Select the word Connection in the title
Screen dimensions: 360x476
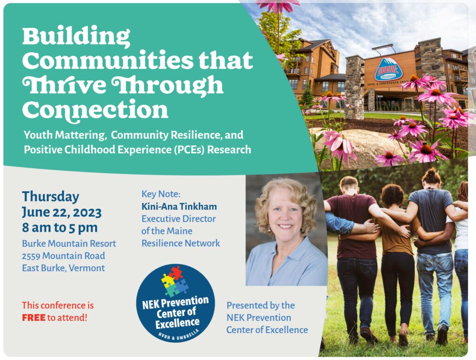(95, 109)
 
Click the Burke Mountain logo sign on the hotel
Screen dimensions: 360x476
(389, 69)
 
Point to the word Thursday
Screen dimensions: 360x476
(50, 196)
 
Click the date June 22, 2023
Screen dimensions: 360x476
(61, 212)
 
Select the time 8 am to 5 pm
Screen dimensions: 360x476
(59, 228)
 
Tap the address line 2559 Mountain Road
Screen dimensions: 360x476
(63, 255)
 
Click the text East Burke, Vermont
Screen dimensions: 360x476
(63, 268)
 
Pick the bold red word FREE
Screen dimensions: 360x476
(33, 318)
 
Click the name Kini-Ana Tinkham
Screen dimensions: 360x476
(179, 206)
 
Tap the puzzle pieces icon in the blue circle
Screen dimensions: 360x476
(174, 281)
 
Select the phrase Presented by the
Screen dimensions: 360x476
(260, 305)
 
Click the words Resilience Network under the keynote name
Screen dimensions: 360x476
(181, 243)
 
